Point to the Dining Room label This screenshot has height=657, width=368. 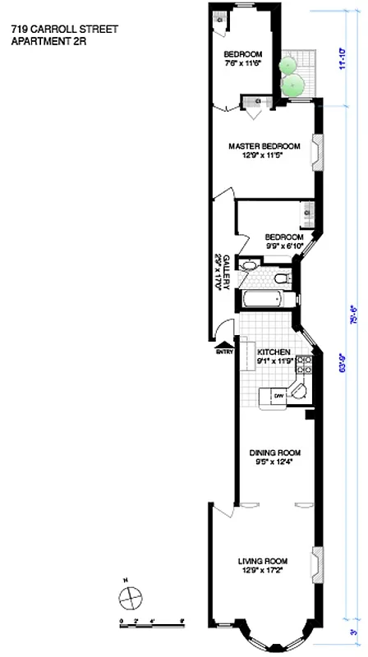[274, 453]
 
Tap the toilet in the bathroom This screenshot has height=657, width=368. [281, 281]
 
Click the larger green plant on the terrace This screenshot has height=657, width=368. [293, 84]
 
